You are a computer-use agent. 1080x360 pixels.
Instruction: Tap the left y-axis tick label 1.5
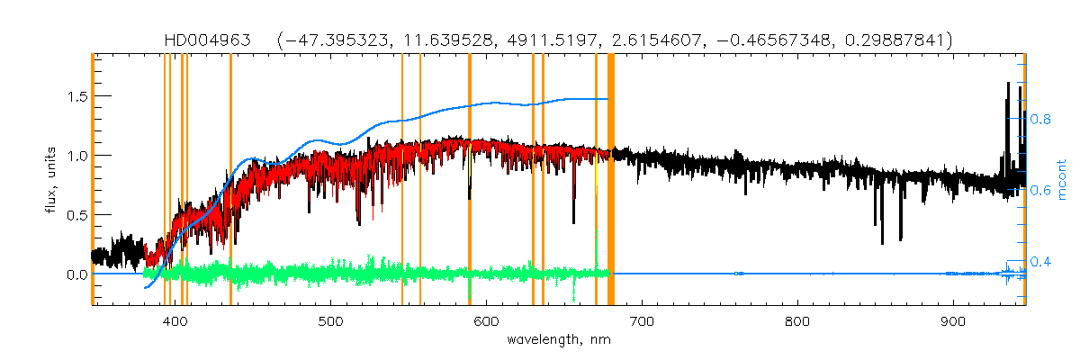coord(73,96)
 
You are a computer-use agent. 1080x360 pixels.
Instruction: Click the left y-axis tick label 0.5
coord(73,215)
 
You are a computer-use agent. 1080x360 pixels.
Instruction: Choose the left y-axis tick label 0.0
coord(73,274)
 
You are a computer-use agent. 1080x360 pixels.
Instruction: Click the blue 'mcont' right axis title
coord(1063,180)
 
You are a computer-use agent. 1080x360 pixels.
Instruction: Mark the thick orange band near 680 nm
coord(611,180)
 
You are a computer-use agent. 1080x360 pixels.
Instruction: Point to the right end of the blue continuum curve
coord(607,99)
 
